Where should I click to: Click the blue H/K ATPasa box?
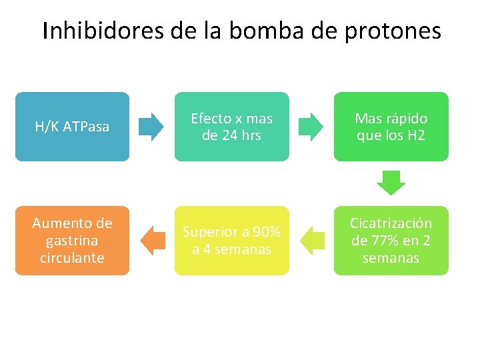pos(72,127)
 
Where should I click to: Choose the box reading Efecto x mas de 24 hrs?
pos(231,127)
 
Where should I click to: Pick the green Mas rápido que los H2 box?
pos(391,127)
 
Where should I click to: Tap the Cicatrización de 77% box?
pos(391,241)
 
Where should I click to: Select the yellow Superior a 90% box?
pos(231,241)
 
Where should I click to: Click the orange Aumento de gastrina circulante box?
pos(72,241)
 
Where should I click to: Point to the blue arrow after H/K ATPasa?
pos(151,127)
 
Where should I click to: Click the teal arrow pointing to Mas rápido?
pos(311,127)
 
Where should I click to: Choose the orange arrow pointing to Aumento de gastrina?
pos(153,241)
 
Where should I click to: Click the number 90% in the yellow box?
pos(267,232)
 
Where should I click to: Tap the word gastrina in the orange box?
pos(73,241)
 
